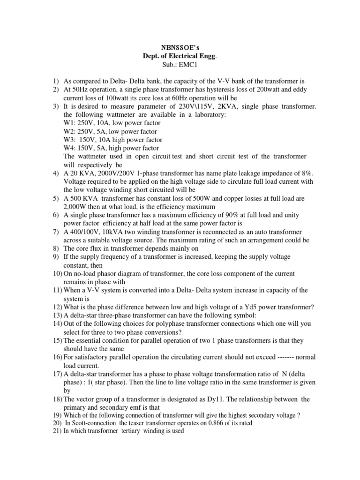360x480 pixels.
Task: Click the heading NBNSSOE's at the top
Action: (x=180, y=48)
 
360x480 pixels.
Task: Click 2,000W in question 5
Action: (x=75, y=207)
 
